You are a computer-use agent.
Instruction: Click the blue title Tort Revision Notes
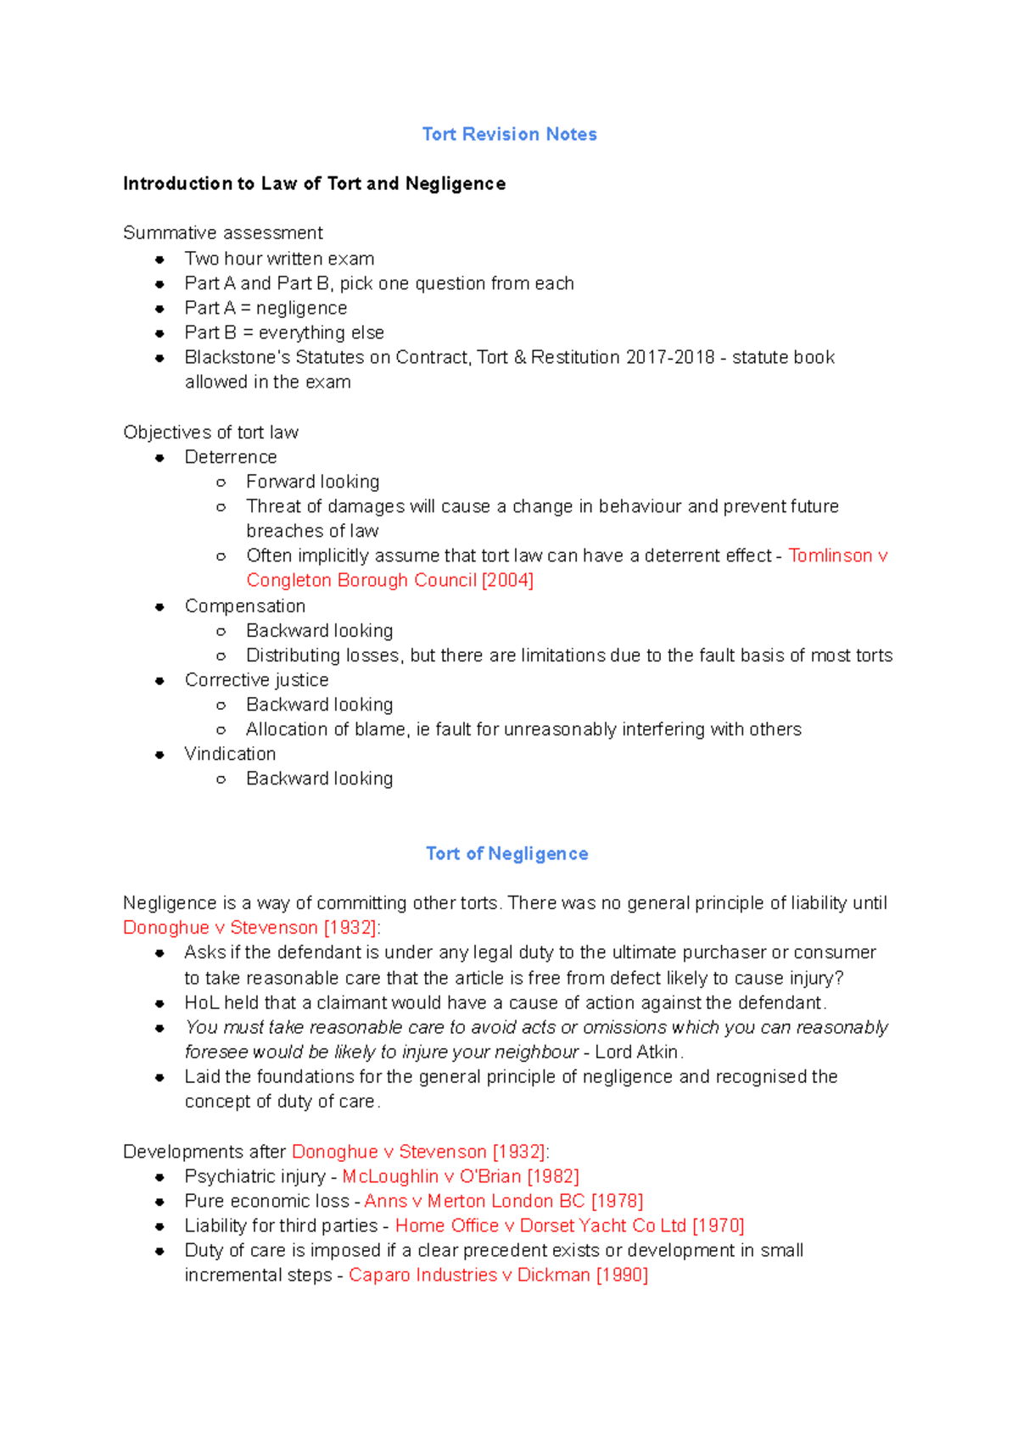[509, 134]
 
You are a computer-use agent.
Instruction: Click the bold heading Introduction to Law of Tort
[314, 183]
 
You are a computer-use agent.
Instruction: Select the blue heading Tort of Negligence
[506, 853]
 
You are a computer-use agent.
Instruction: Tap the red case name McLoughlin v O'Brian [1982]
[461, 1176]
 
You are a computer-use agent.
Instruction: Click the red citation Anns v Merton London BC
[503, 1201]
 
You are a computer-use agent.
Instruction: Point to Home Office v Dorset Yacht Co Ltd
[569, 1225]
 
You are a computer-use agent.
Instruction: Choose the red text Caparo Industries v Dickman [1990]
[498, 1275]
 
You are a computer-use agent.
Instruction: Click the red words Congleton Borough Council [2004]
[389, 580]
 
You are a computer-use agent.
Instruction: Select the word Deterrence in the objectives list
[231, 457]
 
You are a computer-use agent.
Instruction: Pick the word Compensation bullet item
[245, 606]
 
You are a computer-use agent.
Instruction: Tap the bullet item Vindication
[230, 754]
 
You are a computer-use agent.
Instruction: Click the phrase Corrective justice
[256, 680]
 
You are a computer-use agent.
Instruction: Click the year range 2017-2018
[670, 357]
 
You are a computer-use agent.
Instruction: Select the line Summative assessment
[222, 232]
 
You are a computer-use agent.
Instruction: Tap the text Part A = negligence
[266, 308]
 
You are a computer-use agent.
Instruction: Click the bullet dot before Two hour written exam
[159, 260]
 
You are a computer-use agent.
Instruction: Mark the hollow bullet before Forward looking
[221, 483]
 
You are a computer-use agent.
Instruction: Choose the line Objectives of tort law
[210, 433]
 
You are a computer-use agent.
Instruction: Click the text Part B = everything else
[284, 332]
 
